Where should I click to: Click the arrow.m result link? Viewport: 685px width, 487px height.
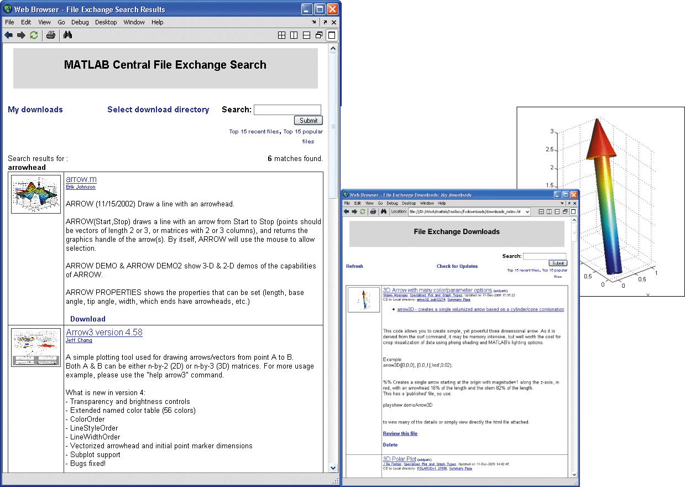pyautogui.click(x=81, y=179)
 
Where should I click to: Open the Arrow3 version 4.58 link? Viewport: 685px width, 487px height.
pyautogui.click(x=104, y=332)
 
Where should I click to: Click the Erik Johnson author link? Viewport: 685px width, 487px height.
pyautogui.click(x=80, y=187)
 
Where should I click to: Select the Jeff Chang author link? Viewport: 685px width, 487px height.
pyautogui.click(x=79, y=340)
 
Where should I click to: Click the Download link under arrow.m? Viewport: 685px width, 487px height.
pyautogui.click(x=88, y=319)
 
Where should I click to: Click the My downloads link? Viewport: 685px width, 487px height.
pyautogui.click(x=35, y=110)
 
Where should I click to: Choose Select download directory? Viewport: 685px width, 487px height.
pyautogui.click(x=158, y=110)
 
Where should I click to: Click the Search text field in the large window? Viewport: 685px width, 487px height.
pyautogui.click(x=287, y=110)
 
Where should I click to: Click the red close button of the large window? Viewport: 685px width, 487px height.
pyautogui.click(x=332, y=9)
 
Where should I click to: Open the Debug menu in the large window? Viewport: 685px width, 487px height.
pyautogui.click(x=80, y=22)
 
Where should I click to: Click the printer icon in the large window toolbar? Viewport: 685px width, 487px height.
pyautogui.click(x=51, y=35)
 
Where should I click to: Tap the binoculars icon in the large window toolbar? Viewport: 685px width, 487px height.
pyautogui.click(x=68, y=35)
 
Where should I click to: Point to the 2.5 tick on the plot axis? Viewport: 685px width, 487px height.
pyautogui.click(x=548, y=149)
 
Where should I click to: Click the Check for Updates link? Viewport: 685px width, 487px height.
pyautogui.click(x=457, y=266)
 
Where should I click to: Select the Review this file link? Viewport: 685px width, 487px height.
pyautogui.click(x=400, y=433)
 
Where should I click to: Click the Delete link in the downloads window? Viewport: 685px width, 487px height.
pyautogui.click(x=390, y=444)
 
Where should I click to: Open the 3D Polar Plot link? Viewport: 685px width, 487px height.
pyautogui.click(x=399, y=459)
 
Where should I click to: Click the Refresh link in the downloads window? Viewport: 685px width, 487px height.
pyautogui.click(x=354, y=266)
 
